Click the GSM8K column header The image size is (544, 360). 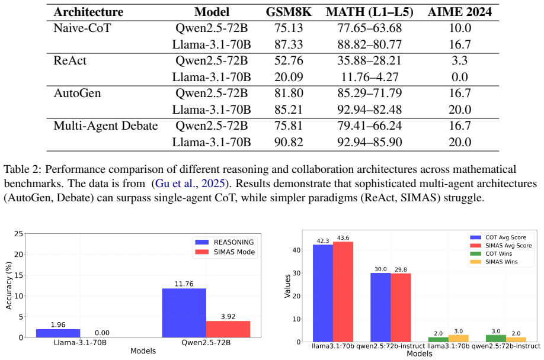[x=289, y=12]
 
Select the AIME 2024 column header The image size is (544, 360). [x=460, y=12]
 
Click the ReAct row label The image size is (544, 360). [x=70, y=60]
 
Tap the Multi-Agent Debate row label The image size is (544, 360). [x=105, y=126]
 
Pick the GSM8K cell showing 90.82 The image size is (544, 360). [x=289, y=142]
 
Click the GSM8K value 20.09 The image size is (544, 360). [x=289, y=77]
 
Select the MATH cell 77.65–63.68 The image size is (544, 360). [x=370, y=28]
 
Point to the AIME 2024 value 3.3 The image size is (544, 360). [x=460, y=60]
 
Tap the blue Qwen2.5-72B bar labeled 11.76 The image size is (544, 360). [x=184, y=313]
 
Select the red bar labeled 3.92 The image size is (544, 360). [x=228, y=329]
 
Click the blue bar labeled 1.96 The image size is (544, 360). [x=58, y=333]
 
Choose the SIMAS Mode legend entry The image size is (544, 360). [x=225, y=252]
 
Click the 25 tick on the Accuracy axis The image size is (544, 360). [x=18, y=234]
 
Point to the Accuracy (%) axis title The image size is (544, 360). [x=9, y=285]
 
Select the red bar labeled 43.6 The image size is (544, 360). [x=343, y=292]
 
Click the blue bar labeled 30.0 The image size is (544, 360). [x=380, y=307]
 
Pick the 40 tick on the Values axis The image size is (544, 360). [x=296, y=250]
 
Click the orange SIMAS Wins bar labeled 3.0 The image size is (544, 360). [x=458, y=339]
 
